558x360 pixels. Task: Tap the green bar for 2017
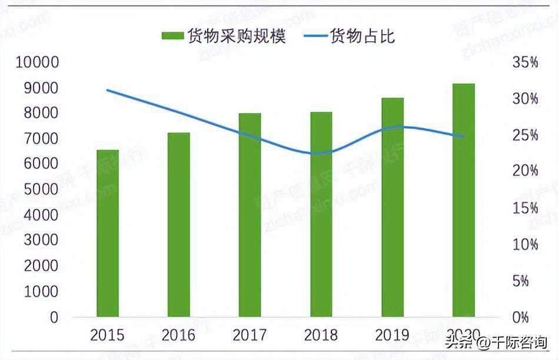click(x=250, y=215)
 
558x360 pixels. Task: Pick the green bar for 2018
click(x=321, y=215)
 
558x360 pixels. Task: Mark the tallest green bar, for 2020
click(x=463, y=201)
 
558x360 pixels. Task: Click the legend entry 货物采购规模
click(x=224, y=36)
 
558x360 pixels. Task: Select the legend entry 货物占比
click(x=350, y=36)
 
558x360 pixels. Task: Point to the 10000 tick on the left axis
click(x=37, y=62)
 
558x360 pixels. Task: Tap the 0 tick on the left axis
click(x=54, y=317)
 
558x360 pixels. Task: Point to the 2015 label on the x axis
click(x=107, y=335)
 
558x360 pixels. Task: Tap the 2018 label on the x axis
click(x=321, y=335)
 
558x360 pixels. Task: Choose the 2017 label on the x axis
click(x=250, y=335)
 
